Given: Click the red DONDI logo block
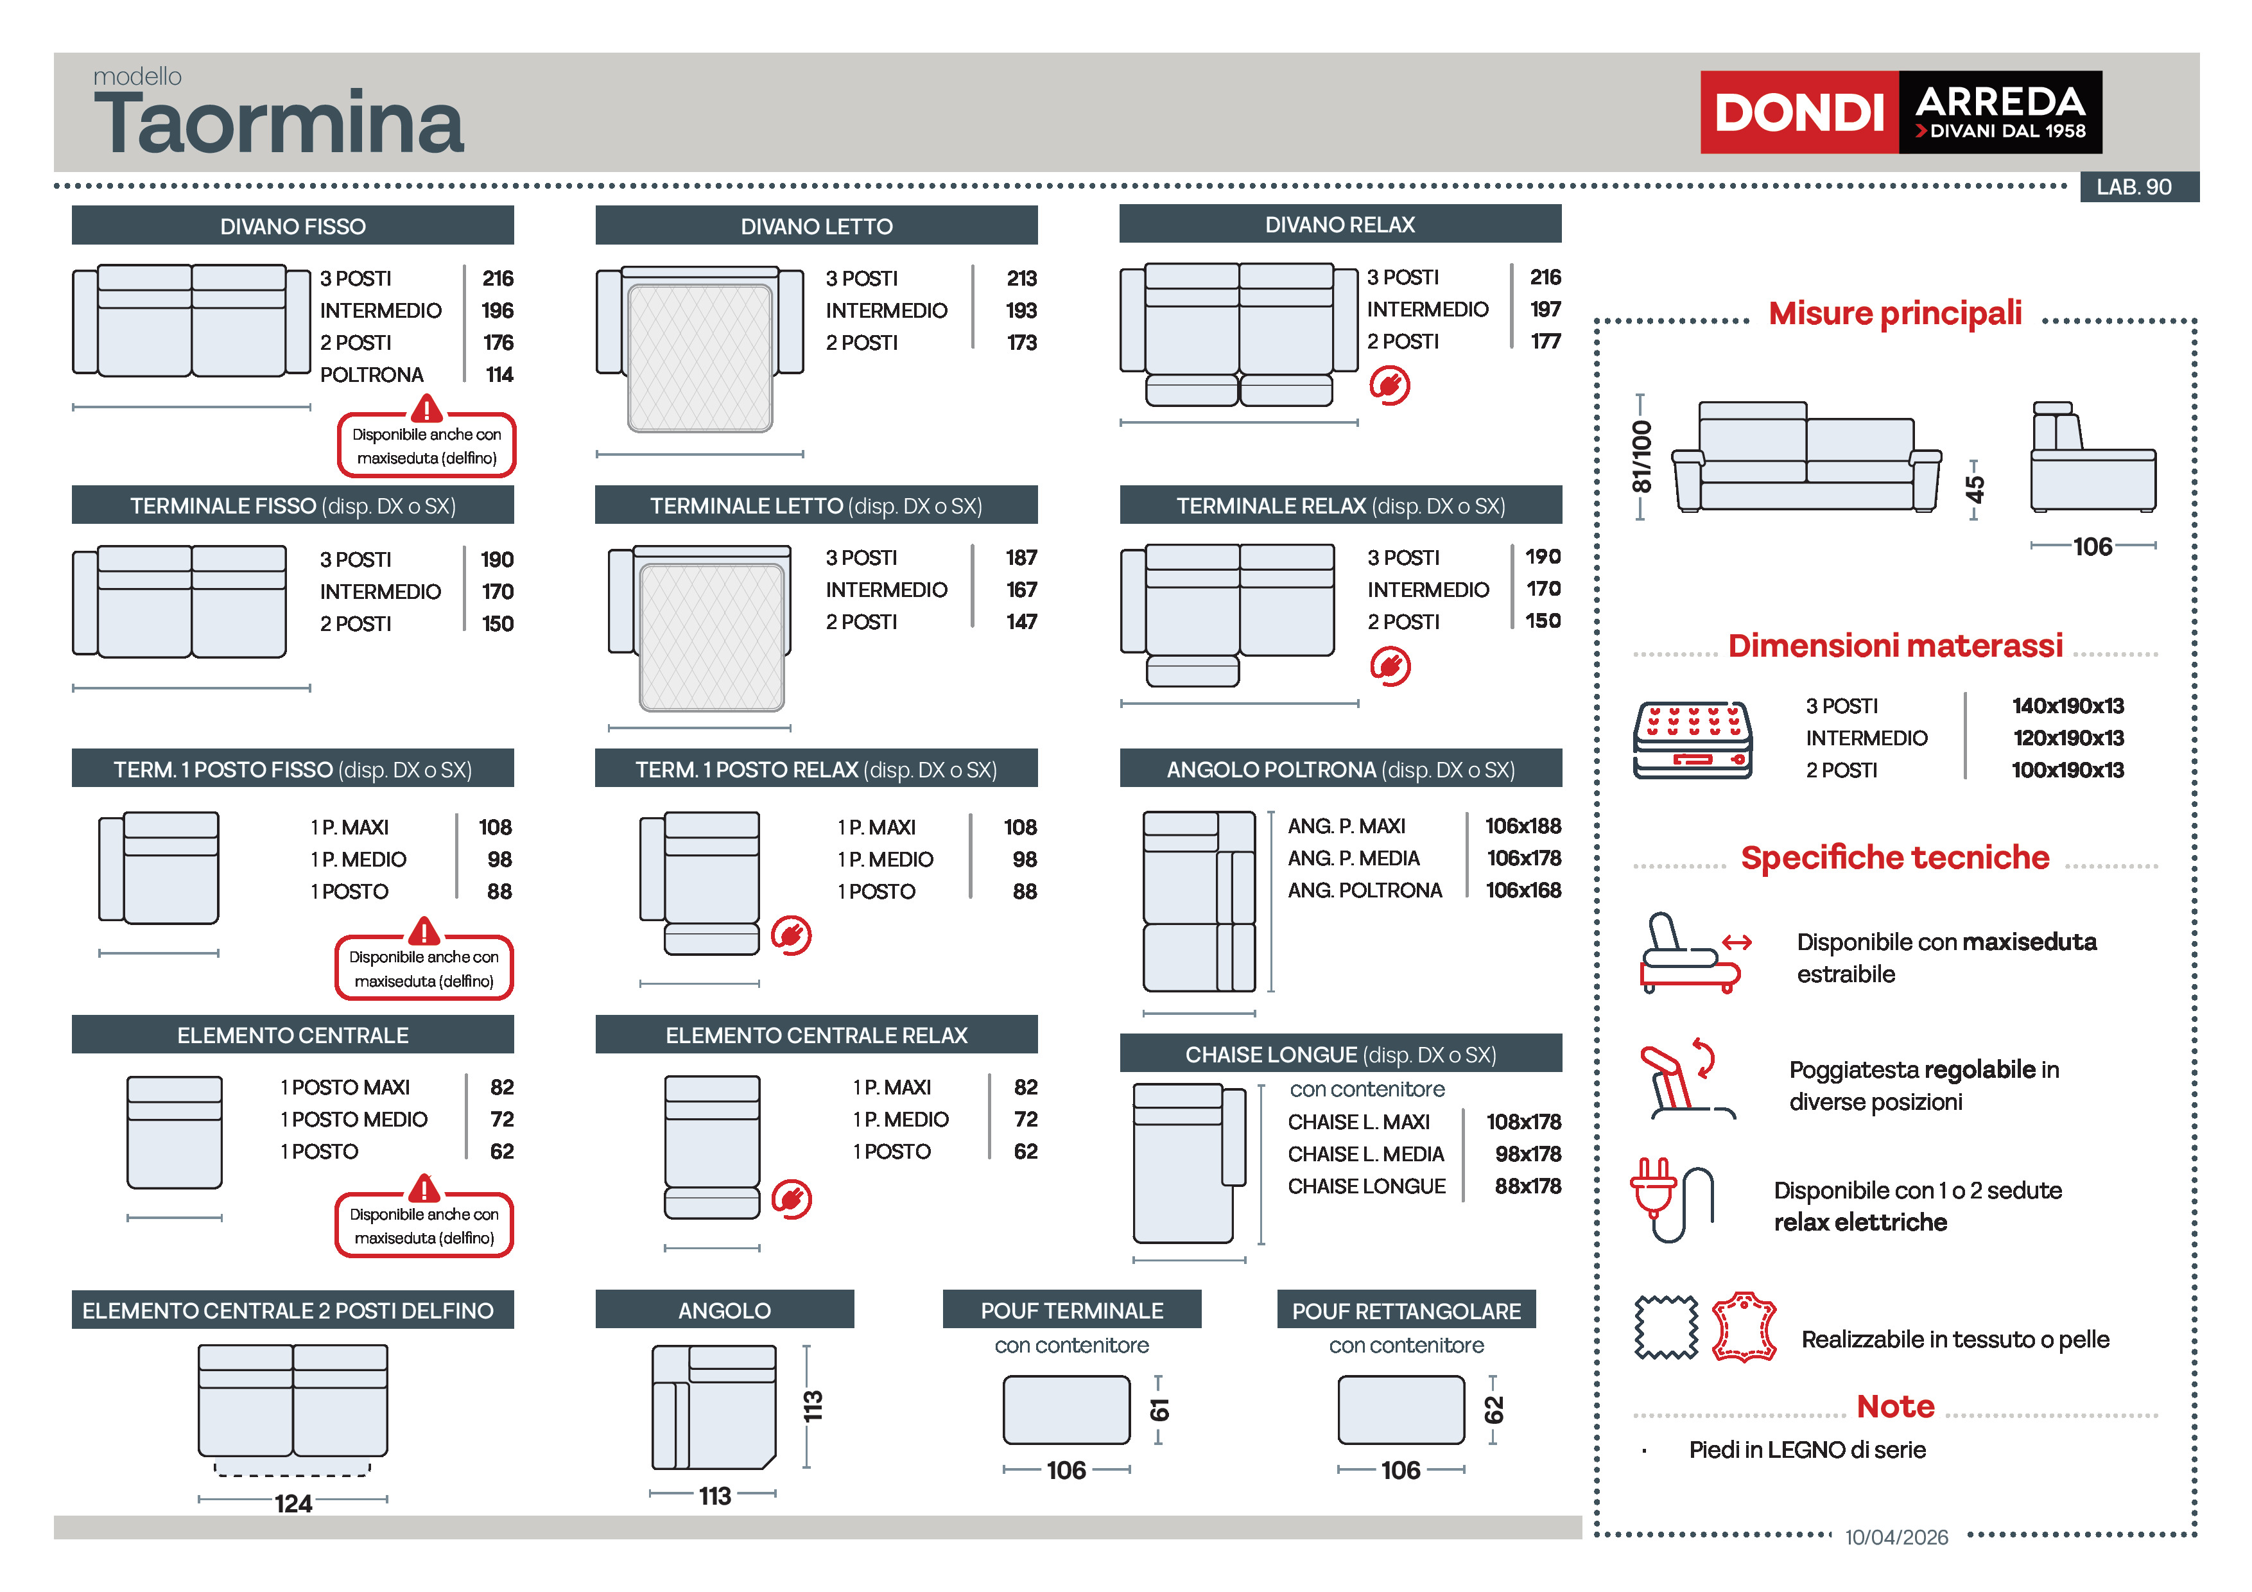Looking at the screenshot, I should click(x=1799, y=112).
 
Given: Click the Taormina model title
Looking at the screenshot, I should click(x=279, y=124).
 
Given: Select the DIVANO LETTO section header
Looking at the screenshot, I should click(x=816, y=225).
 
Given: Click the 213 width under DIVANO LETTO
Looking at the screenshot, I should click(x=1021, y=279).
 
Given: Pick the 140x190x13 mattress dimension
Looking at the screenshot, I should click(x=2068, y=706).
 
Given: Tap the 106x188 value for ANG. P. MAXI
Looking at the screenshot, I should click(x=1522, y=826).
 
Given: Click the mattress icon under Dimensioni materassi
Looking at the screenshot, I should click(x=1692, y=741).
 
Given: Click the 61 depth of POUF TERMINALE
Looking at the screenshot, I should click(x=1159, y=1410).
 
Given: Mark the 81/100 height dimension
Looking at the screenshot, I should click(x=1641, y=457).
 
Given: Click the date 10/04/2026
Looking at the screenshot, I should click(x=1896, y=1537).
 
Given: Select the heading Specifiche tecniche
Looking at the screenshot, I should click(x=1894, y=858).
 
